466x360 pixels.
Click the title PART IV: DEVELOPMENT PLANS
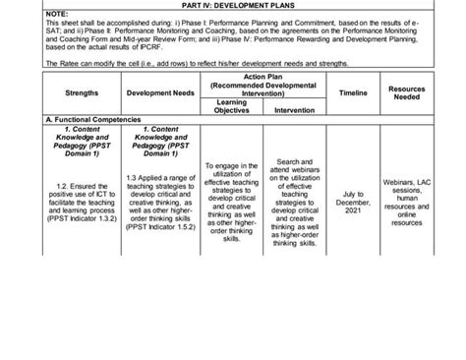point(233,4)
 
